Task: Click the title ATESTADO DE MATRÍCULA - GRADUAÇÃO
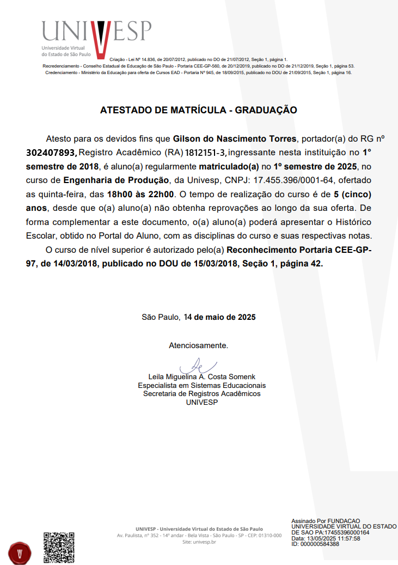point(199,110)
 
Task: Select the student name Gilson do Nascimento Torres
point(235,138)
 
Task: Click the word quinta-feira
point(58,194)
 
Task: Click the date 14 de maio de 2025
point(220,317)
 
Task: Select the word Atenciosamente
point(198,345)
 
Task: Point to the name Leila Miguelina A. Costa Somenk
point(201,377)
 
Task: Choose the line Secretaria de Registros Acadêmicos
point(201,393)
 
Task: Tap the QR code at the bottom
point(58,548)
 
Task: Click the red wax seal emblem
point(20,552)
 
